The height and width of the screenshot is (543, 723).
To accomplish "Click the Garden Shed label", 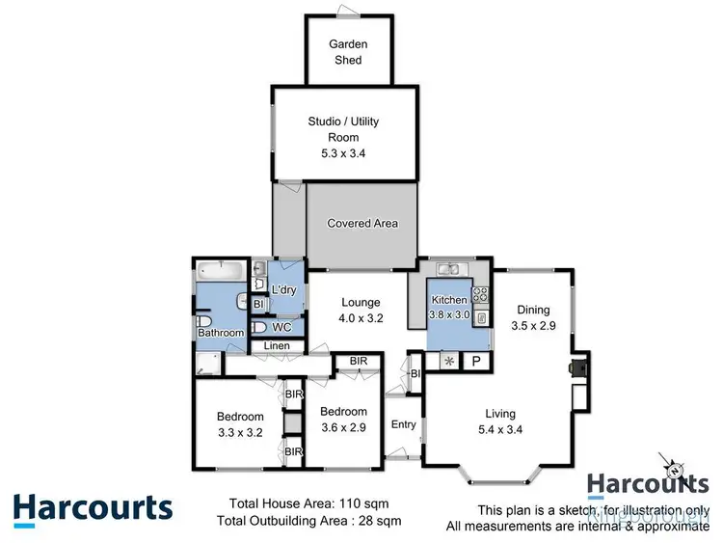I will click(348, 52).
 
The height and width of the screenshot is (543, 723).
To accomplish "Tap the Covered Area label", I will click(362, 224).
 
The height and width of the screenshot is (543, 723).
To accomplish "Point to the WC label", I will click(281, 328).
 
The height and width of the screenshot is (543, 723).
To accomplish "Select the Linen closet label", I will click(278, 346).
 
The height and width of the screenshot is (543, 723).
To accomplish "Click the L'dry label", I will click(284, 290).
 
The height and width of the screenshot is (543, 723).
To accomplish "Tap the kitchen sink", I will click(449, 269).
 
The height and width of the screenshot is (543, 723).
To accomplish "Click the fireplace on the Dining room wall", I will click(576, 367).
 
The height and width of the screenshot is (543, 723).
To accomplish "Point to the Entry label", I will click(403, 423).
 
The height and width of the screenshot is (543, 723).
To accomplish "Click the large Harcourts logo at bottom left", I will click(93, 507).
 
